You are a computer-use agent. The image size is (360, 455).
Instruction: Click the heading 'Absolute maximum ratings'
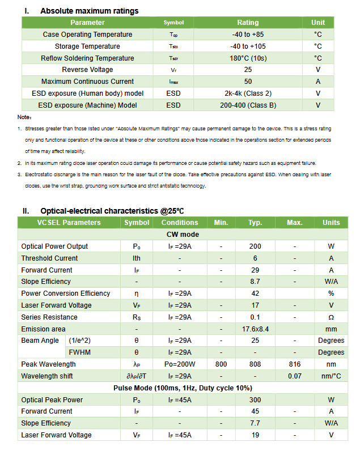click(x=89, y=11)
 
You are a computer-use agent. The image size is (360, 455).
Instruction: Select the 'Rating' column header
click(x=248, y=23)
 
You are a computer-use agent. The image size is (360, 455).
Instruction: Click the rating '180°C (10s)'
click(x=248, y=58)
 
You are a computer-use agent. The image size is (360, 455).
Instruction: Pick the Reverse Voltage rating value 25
click(x=248, y=70)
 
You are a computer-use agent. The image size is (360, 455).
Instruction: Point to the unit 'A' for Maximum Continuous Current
click(x=318, y=82)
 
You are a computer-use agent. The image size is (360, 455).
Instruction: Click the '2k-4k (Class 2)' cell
click(x=248, y=93)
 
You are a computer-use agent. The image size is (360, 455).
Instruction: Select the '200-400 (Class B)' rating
click(x=248, y=105)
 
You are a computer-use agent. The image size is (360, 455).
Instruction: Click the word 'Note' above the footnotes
click(x=24, y=117)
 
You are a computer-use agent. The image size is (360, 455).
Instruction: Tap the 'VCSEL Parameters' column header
click(x=69, y=223)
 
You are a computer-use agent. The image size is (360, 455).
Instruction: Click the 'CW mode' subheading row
click(x=183, y=235)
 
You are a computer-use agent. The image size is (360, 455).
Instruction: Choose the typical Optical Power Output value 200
click(x=255, y=246)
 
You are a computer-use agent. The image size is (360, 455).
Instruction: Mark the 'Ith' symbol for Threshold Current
click(x=137, y=258)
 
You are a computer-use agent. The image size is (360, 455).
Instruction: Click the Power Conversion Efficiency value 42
click(x=255, y=294)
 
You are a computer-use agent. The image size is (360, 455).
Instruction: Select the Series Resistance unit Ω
click(x=331, y=317)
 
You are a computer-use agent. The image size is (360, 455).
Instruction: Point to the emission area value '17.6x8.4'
click(x=255, y=329)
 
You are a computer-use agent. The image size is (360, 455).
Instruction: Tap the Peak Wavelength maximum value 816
click(x=294, y=364)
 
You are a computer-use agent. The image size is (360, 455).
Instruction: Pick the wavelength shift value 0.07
click(x=294, y=376)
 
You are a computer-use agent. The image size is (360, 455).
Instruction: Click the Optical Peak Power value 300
click(x=255, y=400)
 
